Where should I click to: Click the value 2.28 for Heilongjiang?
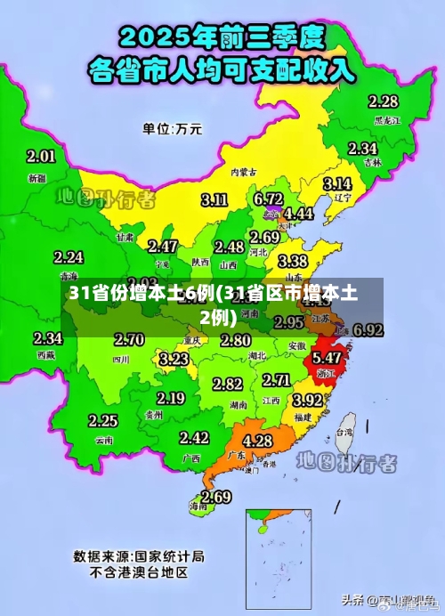click(x=383, y=101)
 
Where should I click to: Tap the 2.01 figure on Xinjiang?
click(x=41, y=157)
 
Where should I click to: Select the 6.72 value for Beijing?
click(x=268, y=198)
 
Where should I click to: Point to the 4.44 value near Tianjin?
click(x=298, y=215)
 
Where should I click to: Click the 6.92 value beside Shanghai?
click(x=368, y=330)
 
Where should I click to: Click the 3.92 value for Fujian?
click(x=308, y=401)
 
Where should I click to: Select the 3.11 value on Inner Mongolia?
click(x=214, y=199)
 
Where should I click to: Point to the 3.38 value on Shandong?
click(x=293, y=262)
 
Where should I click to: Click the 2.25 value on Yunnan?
click(x=102, y=421)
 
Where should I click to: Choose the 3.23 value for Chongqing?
click(x=174, y=359)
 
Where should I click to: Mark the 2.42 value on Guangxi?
click(x=194, y=438)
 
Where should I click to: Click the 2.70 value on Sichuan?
click(x=129, y=339)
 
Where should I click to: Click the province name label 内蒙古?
click(x=243, y=172)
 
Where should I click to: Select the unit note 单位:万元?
click(x=172, y=128)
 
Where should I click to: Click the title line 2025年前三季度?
click(x=222, y=37)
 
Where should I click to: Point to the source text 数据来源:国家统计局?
click(x=139, y=556)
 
